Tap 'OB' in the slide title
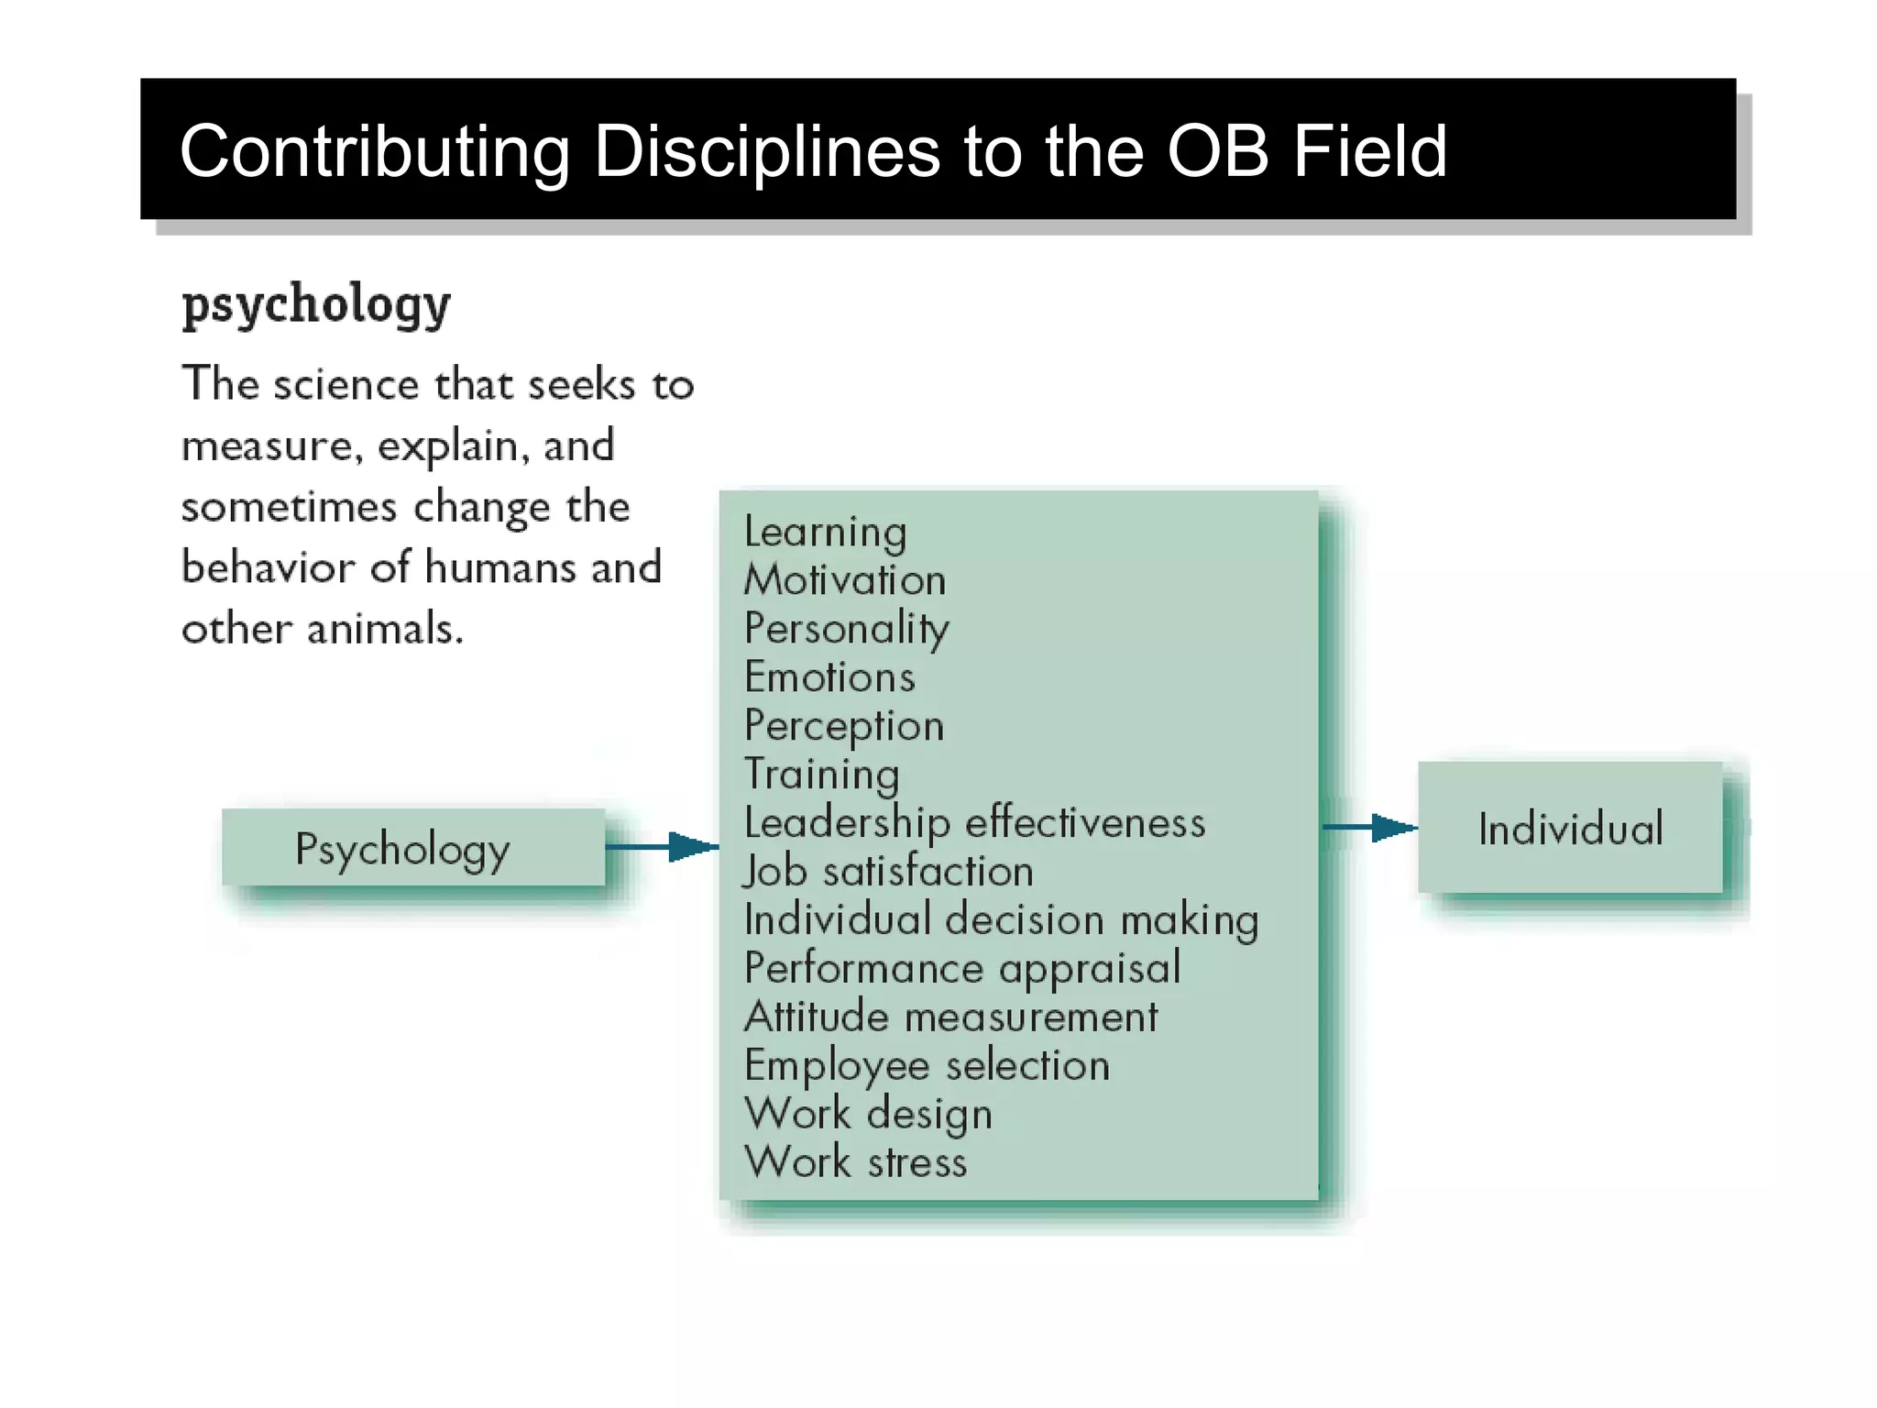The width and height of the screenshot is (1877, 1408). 1216,151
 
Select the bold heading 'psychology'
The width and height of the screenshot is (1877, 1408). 316,304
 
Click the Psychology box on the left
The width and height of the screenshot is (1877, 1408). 412,848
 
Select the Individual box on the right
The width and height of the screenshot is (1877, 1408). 1570,829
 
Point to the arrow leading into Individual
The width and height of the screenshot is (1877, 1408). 1369,828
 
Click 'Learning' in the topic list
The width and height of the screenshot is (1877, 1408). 825,533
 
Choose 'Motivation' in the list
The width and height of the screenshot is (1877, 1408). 844,580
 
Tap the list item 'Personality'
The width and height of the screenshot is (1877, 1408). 846,630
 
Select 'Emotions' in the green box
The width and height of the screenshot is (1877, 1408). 829,677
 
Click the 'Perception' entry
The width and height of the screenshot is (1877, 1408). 844,727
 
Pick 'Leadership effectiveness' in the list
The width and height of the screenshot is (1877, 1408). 974,823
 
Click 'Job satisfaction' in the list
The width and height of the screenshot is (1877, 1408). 888,871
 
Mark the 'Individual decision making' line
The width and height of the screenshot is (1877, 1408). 1001,919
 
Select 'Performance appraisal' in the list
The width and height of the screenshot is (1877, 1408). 962,969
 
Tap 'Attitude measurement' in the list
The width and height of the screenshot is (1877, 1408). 950,1017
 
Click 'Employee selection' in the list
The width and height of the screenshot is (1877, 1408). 927,1066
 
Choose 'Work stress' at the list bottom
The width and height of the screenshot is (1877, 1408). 855,1162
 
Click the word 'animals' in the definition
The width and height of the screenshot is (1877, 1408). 384,630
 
